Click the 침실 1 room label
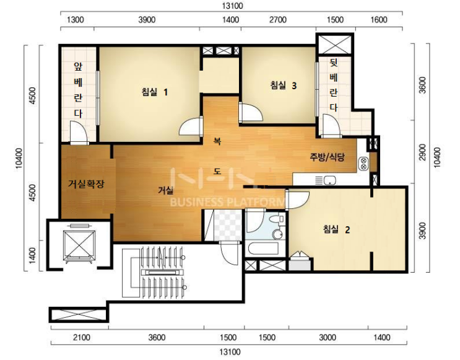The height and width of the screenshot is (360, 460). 155,92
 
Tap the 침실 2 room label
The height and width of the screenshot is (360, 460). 337,229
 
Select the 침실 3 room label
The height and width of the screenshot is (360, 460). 284,86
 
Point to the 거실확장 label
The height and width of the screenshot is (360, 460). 86,184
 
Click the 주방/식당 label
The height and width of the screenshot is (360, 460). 327,157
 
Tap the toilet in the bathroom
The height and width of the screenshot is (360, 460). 277,219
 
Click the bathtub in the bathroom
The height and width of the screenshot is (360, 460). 263,248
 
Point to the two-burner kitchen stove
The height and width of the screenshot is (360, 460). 363,163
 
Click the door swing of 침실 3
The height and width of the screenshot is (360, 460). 251,112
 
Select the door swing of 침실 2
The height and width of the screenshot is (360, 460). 297,200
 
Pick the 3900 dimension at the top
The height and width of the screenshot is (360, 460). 147,20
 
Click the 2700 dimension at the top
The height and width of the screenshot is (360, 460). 278,20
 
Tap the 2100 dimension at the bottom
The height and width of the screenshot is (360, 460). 82,338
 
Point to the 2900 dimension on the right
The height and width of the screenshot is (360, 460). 422,152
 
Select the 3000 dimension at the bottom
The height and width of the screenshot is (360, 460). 328,338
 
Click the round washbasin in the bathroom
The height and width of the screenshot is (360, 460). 277,234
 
